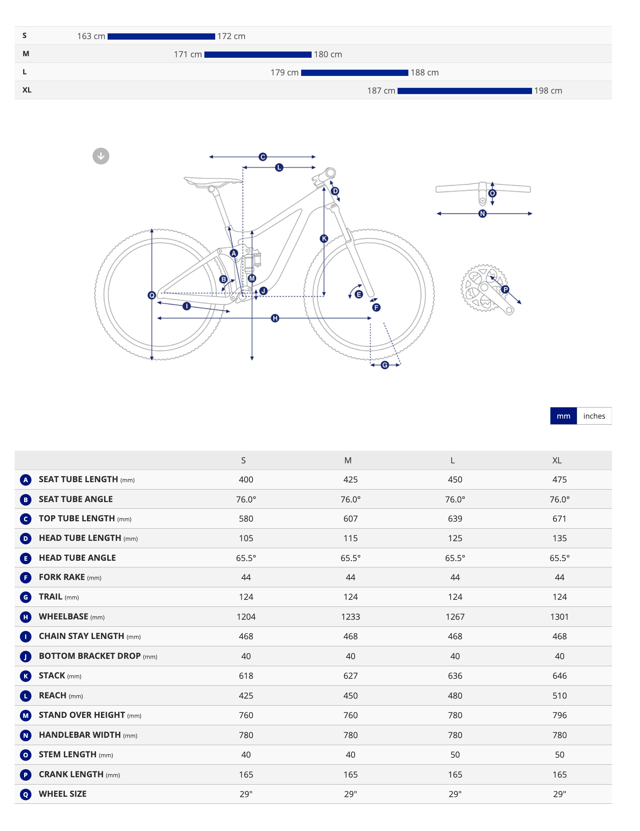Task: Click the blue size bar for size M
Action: pos(258,55)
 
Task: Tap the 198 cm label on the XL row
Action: pos(548,91)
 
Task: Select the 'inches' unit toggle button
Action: pos(594,416)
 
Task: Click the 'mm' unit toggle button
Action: pos(563,416)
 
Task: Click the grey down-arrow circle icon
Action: pos(101,156)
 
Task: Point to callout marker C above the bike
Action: pos(263,157)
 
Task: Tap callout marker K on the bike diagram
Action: pos(324,238)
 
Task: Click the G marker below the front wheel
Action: pos(385,365)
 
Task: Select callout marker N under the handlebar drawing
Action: pos(482,213)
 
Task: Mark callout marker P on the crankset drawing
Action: pos(505,289)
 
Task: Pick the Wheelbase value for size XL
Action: pos(559,617)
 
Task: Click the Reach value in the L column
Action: pos(455,696)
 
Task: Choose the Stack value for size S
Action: pos(246,676)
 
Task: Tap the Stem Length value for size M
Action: pos(351,755)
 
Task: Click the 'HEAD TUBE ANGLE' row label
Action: pos(77,558)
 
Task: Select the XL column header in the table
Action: pos(557,461)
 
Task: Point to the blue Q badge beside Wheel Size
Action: pos(26,794)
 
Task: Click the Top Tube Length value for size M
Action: pos(351,519)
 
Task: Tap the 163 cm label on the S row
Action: pos(91,36)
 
